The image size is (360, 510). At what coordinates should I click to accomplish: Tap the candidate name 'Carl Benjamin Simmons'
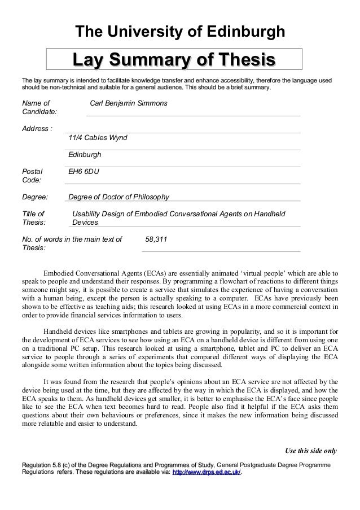[129, 104]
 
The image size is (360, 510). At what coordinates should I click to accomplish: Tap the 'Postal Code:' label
[33, 176]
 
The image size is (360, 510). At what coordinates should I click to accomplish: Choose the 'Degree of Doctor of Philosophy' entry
[118, 197]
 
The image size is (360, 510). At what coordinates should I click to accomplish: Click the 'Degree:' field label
[34, 197]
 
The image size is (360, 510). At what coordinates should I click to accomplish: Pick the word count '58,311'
[156, 239]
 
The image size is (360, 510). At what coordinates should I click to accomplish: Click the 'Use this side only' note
[310, 451]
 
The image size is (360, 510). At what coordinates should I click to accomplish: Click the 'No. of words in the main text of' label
[72, 239]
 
